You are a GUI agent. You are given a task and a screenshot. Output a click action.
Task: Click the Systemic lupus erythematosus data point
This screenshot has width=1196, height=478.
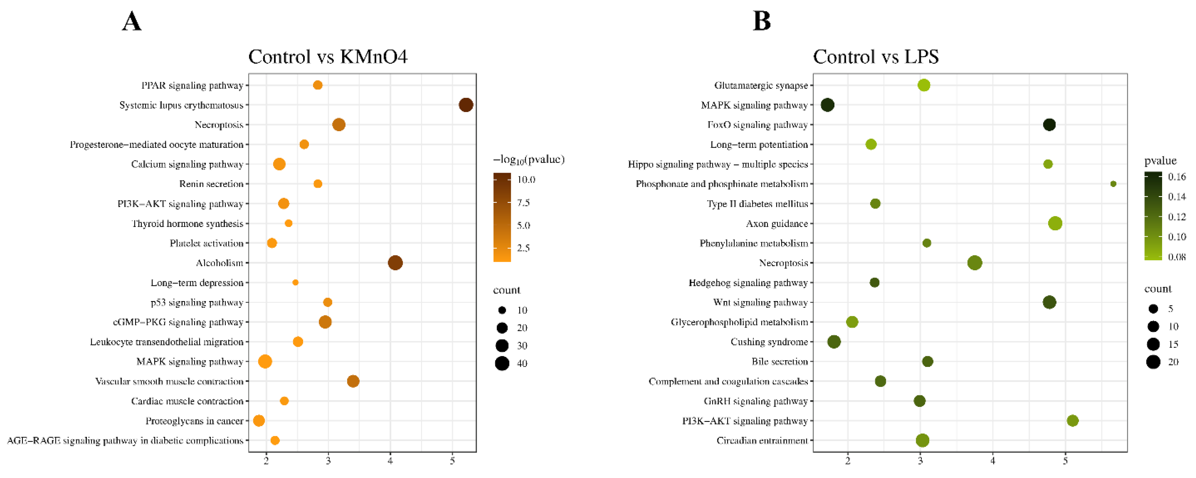click(466, 105)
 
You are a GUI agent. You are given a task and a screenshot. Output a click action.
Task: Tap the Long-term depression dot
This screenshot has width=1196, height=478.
click(295, 282)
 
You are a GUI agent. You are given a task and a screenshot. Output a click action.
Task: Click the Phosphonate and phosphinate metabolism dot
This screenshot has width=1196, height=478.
click(1113, 184)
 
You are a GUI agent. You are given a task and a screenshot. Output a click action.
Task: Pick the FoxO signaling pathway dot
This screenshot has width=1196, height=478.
click(1049, 124)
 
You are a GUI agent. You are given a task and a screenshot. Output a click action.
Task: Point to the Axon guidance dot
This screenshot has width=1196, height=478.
click(1055, 223)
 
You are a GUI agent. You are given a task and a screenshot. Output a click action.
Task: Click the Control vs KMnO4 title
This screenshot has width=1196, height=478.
click(328, 57)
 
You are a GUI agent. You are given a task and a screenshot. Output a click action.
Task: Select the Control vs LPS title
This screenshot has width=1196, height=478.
click(876, 57)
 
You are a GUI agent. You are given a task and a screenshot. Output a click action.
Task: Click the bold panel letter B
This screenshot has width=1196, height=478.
click(762, 21)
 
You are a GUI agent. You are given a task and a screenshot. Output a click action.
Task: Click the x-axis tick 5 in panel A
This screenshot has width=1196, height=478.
click(452, 461)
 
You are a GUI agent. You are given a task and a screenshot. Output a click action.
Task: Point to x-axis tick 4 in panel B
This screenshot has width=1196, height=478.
click(993, 461)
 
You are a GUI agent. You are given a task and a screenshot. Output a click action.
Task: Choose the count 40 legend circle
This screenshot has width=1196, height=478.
click(502, 363)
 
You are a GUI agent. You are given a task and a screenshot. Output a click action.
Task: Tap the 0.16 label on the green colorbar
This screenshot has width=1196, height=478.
click(1177, 177)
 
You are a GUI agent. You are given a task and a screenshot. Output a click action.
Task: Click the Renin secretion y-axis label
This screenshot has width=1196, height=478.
click(211, 184)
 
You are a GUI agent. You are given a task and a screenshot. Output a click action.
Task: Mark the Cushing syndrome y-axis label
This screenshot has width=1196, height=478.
click(769, 342)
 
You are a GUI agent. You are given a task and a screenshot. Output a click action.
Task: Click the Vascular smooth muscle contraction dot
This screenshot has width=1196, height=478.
click(353, 381)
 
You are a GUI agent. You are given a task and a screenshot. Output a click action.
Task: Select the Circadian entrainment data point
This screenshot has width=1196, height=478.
click(923, 440)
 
